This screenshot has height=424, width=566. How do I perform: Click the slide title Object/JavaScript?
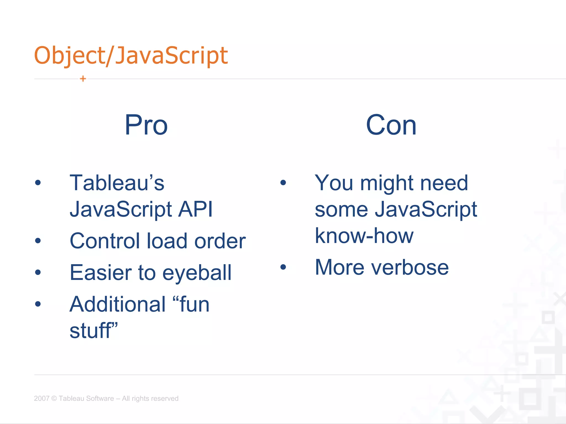(131, 56)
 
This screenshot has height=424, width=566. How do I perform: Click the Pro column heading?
(146, 125)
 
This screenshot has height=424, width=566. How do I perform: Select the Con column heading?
(391, 125)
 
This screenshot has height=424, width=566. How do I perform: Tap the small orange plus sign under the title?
(83, 79)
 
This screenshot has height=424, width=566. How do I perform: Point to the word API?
(195, 209)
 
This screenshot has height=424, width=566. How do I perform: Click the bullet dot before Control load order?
(38, 241)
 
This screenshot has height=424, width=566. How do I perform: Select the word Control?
(105, 241)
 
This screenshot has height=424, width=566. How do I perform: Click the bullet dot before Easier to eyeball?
(38, 272)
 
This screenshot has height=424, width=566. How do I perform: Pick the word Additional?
(118, 304)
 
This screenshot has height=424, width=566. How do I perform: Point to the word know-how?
(364, 236)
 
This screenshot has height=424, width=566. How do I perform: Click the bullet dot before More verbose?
(283, 267)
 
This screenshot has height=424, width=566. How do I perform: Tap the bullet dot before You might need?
(283, 182)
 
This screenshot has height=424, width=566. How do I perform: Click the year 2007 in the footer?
(41, 398)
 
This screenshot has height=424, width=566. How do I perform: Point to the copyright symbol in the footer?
(54, 398)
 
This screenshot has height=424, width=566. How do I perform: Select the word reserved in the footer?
(165, 398)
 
